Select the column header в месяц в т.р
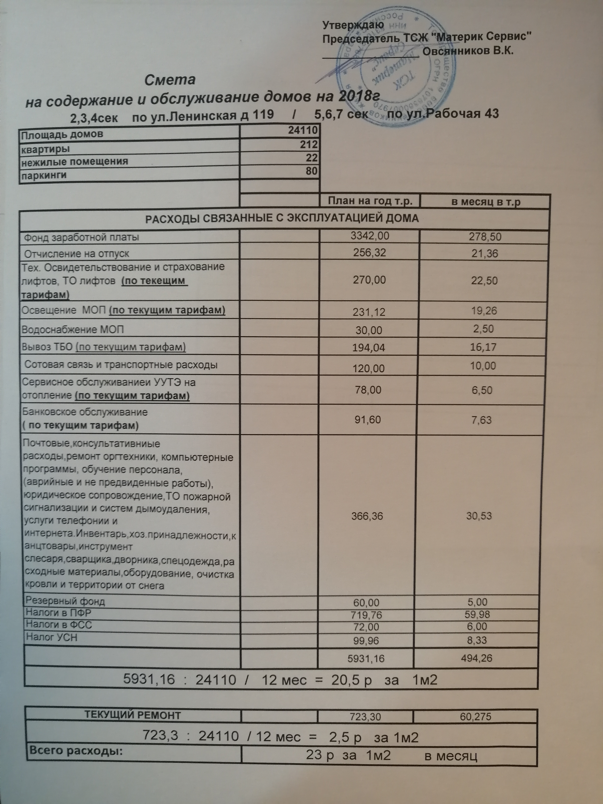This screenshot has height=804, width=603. (486, 202)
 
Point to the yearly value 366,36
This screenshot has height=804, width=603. (367, 516)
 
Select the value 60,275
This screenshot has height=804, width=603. (475, 716)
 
